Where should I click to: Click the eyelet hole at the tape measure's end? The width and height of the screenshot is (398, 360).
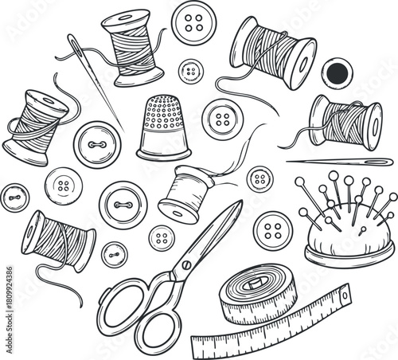pos(345,296)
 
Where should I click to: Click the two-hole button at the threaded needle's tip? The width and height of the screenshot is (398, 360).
pos(96,144)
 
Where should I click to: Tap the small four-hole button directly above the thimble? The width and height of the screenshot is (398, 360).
pos(189,71)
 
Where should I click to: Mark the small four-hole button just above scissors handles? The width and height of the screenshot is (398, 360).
pos(162,237)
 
